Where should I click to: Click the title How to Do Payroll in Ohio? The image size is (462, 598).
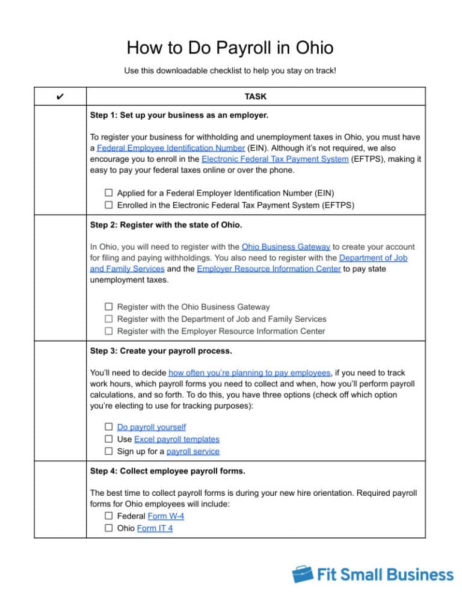(x=230, y=48)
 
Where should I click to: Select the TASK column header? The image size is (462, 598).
(x=256, y=96)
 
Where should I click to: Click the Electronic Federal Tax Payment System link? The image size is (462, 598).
(x=275, y=159)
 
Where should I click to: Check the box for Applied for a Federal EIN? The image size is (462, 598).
(x=109, y=193)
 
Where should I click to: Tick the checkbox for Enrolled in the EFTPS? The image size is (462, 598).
(x=109, y=205)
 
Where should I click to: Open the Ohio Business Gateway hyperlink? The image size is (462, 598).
(x=286, y=247)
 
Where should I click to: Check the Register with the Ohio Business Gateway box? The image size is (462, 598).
(x=109, y=307)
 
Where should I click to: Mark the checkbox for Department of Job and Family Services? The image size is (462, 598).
(x=109, y=319)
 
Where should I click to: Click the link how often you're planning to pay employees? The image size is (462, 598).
(x=250, y=373)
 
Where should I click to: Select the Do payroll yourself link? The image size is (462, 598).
(x=151, y=427)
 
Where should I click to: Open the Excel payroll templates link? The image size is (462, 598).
(x=177, y=439)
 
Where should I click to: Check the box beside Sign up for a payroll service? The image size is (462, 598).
(x=109, y=451)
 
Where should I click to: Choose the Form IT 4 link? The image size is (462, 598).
(x=155, y=528)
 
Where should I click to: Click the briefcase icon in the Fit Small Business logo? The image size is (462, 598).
(x=302, y=574)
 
